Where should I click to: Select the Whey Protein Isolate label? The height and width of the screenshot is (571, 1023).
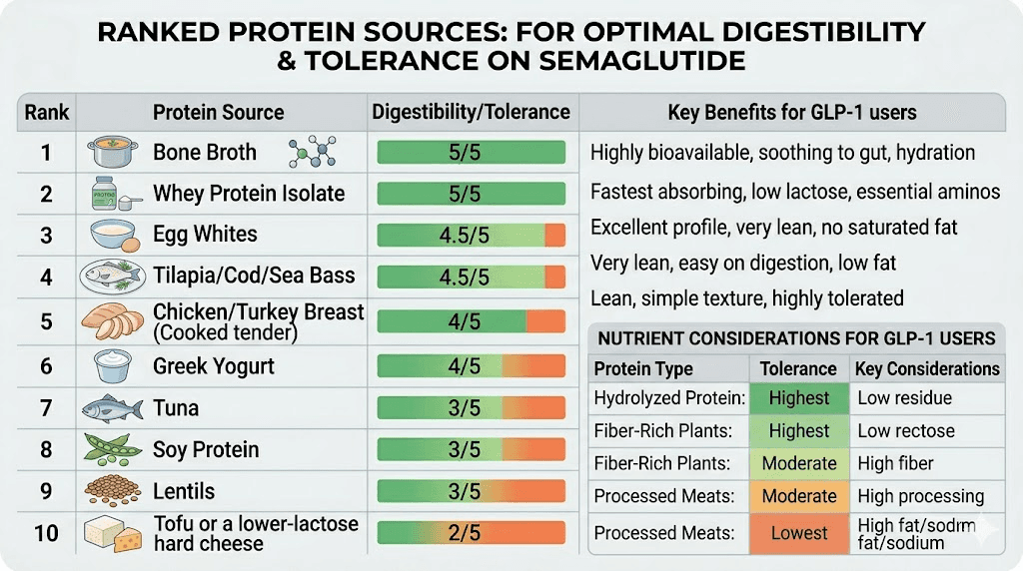tap(248, 194)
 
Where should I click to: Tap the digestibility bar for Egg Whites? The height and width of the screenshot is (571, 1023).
tap(471, 236)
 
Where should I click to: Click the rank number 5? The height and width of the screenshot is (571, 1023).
tap(46, 321)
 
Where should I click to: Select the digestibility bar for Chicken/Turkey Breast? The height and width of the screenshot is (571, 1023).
tap(471, 321)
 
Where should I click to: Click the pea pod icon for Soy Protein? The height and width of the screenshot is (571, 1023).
tap(110, 449)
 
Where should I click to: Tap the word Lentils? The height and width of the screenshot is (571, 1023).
tap(183, 491)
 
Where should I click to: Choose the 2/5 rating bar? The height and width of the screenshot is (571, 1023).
tap(471, 533)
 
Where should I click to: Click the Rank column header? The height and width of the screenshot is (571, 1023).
tap(46, 112)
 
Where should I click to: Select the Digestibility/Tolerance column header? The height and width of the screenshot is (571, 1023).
tap(471, 112)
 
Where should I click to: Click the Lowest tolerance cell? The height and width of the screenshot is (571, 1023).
tap(799, 533)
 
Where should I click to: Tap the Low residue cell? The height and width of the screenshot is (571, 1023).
tap(904, 398)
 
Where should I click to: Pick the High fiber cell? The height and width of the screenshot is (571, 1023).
tap(895, 463)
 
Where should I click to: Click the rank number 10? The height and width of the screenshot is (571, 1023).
tap(46, 533)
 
